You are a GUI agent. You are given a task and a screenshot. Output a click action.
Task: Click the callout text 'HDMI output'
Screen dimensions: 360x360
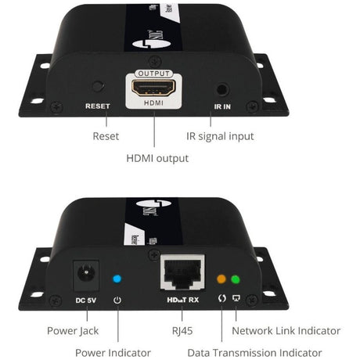click(157, 158)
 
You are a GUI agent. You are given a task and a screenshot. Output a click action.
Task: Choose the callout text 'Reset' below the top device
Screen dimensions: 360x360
click(106, 136)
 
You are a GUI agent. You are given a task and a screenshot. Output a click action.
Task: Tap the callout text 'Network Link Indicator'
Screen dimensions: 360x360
click(286, 330)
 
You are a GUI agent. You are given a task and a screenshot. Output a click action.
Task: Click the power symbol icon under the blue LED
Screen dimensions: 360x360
click(117, 298)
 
